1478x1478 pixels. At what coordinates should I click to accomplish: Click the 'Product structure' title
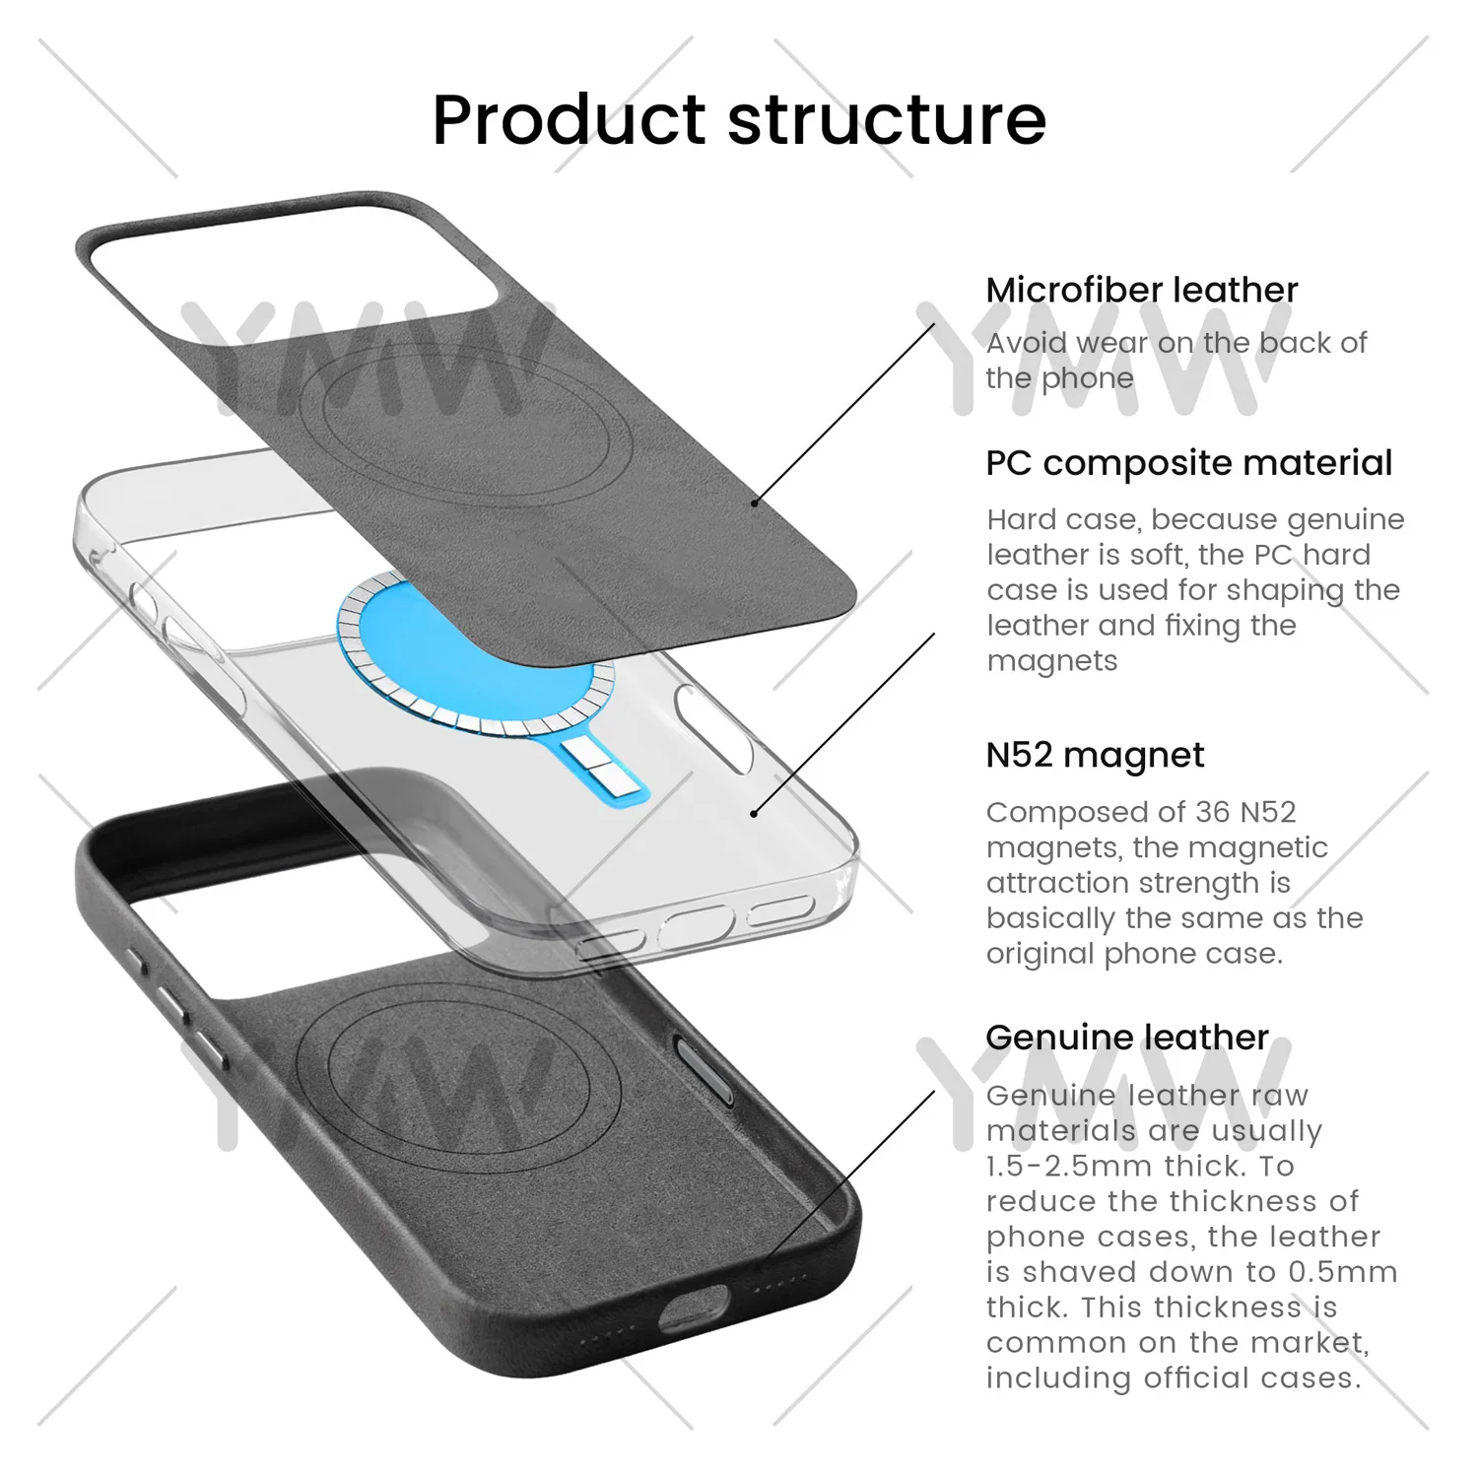[739, 120]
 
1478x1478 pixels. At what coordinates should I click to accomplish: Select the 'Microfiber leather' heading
[1142, 290]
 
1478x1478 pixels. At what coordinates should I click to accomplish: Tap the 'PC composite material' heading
[1189, 463]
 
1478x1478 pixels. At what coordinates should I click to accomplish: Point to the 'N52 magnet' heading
[1095, 756]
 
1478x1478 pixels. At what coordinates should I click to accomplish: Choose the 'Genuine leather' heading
[1127, 1038]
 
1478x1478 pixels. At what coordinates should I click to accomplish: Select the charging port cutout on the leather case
[695, 1310]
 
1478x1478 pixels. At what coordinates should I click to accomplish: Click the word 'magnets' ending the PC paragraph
[1052, 661]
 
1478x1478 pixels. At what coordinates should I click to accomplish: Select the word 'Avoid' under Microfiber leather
[1027, 343]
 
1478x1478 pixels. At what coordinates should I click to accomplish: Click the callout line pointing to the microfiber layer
[843, 414]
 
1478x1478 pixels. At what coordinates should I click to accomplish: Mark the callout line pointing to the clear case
[843, 724]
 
